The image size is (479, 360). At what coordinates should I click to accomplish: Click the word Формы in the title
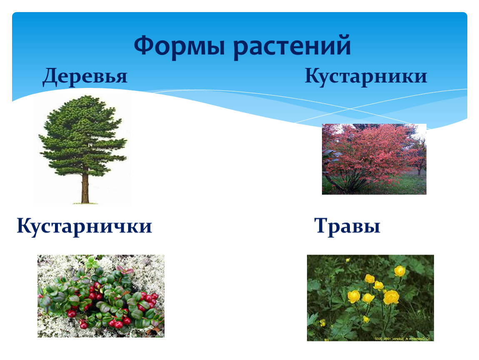click(x=180, y=46)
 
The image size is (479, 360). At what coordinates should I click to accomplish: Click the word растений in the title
click(x=292, y=46)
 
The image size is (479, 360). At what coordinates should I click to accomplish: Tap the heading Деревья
click(x=85, y=76)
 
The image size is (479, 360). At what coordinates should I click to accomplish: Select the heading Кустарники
click(x=366, y=76)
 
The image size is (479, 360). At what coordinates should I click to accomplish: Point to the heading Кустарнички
click(x=84, y=226)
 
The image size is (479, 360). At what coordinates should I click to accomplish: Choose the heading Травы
click(x=347, y=226)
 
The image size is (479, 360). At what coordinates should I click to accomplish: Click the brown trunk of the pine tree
click(x=85, y=188)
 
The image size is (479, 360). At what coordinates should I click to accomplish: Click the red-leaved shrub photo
click(x=374, y=159)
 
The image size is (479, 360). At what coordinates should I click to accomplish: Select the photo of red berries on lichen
click(x=101, y=296)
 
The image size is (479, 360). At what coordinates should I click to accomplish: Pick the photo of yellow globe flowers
click(x=370, y=298)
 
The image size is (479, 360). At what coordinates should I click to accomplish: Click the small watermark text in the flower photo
click(x=402, y=338)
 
